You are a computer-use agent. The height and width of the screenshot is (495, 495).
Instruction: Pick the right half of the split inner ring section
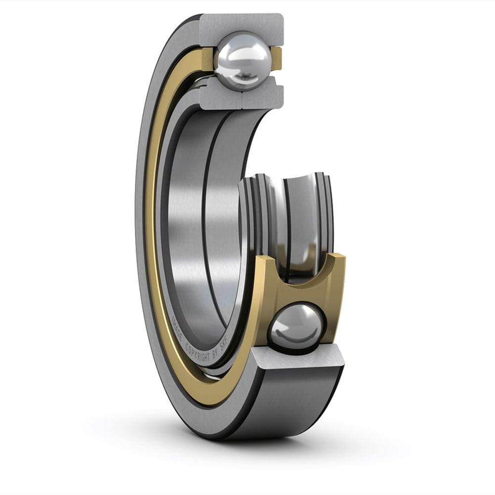tap(262, 97)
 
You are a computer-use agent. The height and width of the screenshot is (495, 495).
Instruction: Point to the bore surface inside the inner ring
tap(198, 223)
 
